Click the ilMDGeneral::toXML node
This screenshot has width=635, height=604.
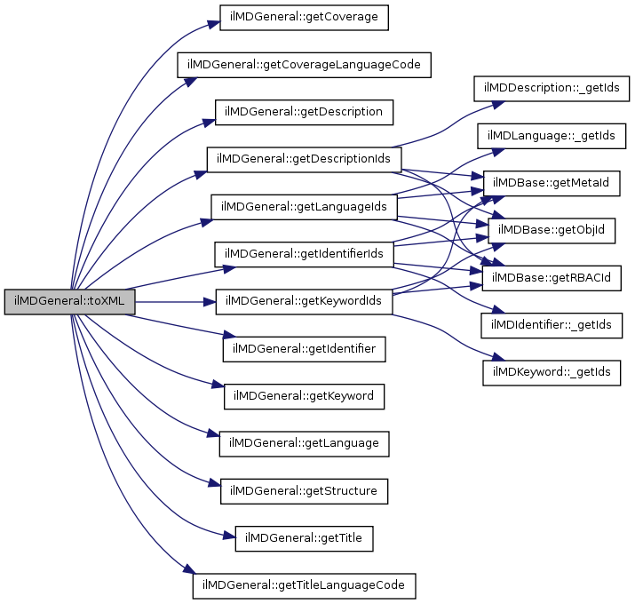(x=69, y=302)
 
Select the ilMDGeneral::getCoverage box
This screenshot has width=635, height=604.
(x=304, y=18)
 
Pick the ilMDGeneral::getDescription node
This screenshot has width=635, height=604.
(x=304, y=112)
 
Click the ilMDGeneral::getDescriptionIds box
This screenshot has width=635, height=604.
(x=304, y=160)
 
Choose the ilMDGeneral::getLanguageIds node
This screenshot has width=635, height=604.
(x=304, y=206)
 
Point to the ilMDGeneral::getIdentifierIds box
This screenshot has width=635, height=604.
(x=304, y=254)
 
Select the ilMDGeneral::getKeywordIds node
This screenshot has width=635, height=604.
(x=304, y=302)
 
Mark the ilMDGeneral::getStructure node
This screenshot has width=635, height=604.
(x=304, y=490)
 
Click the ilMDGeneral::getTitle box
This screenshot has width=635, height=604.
(x=304, y=537)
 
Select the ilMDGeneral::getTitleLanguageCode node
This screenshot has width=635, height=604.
(x=304, y=585)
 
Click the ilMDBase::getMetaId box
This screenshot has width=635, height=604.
(x=552, y=183)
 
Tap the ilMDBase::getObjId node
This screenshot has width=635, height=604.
(x=552, y=231)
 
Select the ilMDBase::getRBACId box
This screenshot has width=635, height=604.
(x=552, y=278)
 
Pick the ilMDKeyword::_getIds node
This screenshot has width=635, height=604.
(x=552, y=373)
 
